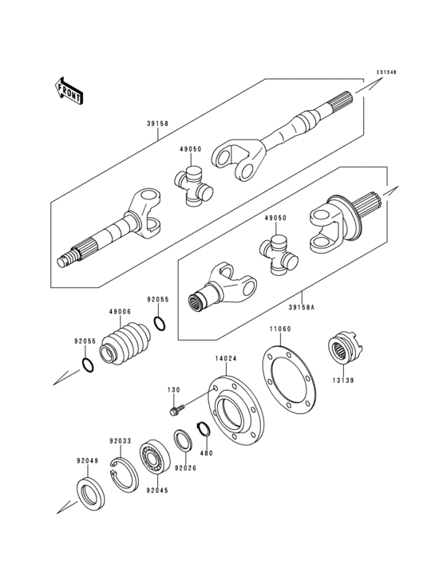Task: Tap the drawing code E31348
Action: pyautogui.click(x=386, y=73)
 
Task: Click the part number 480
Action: pyautogui.click(x=207, y=454)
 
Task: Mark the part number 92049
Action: pyautogui.click(x=87, y=460)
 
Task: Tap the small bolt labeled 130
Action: pyautogui.click(x=177, y=410)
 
